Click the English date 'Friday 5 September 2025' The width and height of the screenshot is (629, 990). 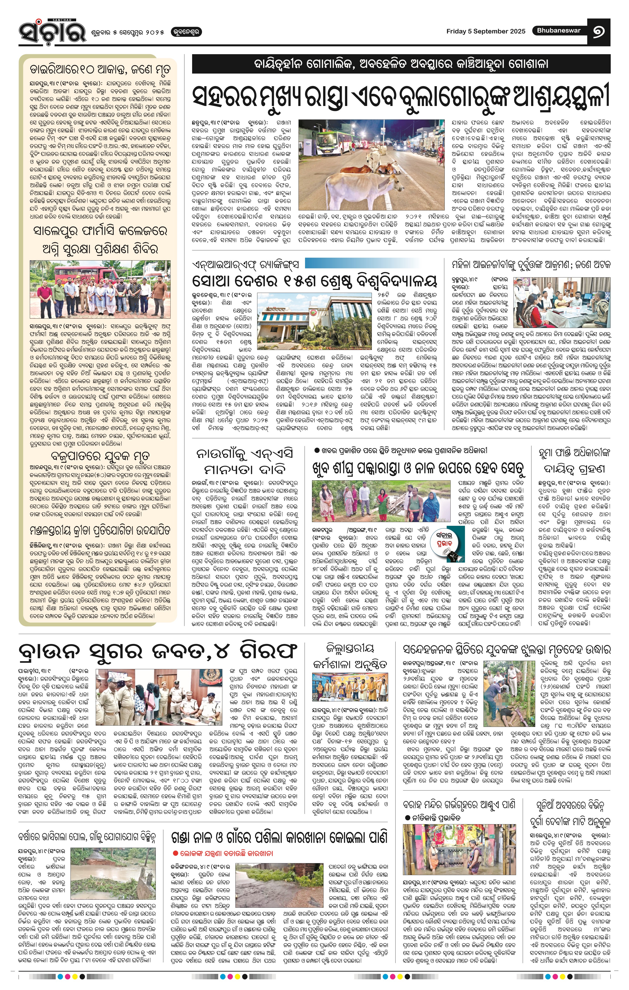(x=486, y=31)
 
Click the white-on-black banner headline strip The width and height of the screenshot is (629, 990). (x=401, y=64)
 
